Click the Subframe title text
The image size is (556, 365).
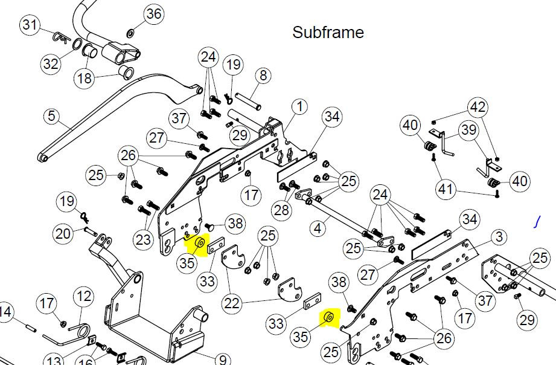point(328,32)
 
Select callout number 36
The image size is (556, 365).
point(155,14)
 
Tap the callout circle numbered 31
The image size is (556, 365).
point(30,25)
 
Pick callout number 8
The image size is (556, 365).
point(263,76)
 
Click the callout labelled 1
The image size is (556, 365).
point(300,106)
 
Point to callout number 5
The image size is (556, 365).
point(52,116)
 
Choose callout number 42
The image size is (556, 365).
point(478,107)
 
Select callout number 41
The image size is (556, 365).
point(446,189)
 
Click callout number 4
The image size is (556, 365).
point(318,228)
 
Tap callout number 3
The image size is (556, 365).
point(499,237)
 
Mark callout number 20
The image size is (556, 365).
point(63,234)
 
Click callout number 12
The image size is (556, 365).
point(84,296)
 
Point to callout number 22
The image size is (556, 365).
point(232,303)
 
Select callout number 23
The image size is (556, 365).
point(143,240)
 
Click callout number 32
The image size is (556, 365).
point(51,64)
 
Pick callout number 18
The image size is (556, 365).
point(85,78)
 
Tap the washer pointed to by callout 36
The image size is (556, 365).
point(130,34)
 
